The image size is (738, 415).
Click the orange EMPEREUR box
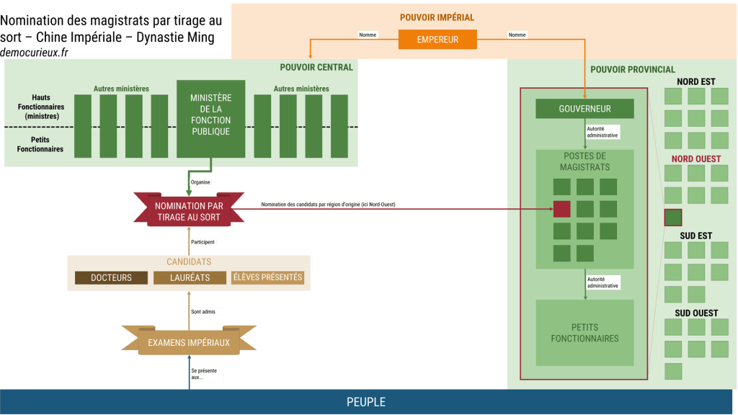437,40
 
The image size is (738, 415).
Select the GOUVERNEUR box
584,109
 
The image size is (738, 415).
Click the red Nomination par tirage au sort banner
188,210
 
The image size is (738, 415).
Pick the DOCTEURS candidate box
111,277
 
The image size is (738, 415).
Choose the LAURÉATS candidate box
190,277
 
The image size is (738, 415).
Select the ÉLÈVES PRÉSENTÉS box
267,277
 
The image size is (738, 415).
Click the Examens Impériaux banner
189,343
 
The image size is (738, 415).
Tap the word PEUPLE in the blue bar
366,402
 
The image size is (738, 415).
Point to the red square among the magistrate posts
562,210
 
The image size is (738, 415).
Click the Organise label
200,182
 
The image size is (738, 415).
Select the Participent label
203,242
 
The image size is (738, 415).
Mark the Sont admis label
206,312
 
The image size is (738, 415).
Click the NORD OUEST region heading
696,159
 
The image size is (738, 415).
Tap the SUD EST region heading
696,236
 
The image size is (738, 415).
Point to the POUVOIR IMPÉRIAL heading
437,17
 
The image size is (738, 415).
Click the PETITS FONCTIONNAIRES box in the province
584,333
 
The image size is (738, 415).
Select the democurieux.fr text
35,53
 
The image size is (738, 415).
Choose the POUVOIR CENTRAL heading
316,68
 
